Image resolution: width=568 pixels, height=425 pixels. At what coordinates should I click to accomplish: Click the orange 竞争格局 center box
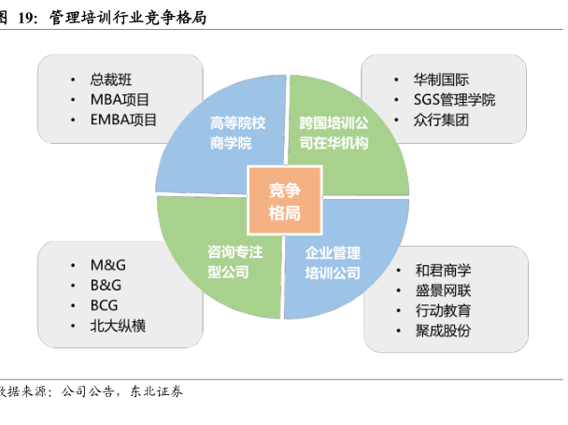[x=284, y=200]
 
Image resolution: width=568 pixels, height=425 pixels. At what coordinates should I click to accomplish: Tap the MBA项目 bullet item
[x=120, y=99]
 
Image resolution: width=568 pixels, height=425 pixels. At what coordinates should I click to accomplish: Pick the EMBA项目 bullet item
[x=123, y=120]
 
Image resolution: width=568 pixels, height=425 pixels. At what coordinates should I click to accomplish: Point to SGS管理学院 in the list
[x=454, y=100]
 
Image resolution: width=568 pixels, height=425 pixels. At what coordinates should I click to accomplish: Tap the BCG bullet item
[x=105, y=305]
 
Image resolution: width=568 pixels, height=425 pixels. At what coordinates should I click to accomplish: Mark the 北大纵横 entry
[x=118, y=326]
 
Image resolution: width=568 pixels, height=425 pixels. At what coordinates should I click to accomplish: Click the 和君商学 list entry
[x=443, y=270]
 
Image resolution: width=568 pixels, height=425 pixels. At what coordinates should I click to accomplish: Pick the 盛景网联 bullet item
[x=443, y=290]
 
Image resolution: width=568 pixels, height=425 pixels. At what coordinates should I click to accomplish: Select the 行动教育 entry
[x=443, y=311]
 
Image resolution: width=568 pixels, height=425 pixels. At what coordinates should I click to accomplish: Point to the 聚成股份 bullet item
[x=443, y=332]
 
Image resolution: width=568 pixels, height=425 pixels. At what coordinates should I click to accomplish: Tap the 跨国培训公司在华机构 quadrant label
[x=334, y=133]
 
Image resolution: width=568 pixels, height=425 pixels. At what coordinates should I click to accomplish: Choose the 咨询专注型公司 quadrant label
[x=233, y=262]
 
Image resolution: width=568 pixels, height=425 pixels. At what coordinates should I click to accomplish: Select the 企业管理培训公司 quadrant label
[x=333, y=262]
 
